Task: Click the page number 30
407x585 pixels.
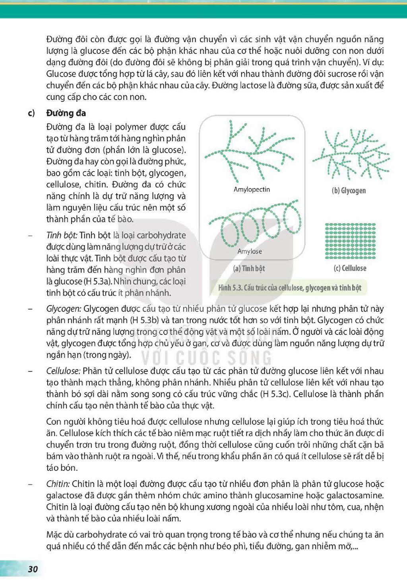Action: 33,569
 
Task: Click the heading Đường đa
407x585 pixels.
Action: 66,113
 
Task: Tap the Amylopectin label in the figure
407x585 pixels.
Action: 252,189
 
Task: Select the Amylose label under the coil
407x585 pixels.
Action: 250,251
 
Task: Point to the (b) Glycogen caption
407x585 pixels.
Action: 349,191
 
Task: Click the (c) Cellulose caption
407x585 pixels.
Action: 350,268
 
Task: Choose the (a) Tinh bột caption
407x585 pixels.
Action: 249,269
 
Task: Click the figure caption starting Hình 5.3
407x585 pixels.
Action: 290,288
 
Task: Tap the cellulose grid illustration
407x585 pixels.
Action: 351,241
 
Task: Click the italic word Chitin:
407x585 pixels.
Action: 58,484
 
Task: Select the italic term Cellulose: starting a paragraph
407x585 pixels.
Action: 64,371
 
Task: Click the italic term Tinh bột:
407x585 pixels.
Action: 62,236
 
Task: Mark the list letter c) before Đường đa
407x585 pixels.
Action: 31,113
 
